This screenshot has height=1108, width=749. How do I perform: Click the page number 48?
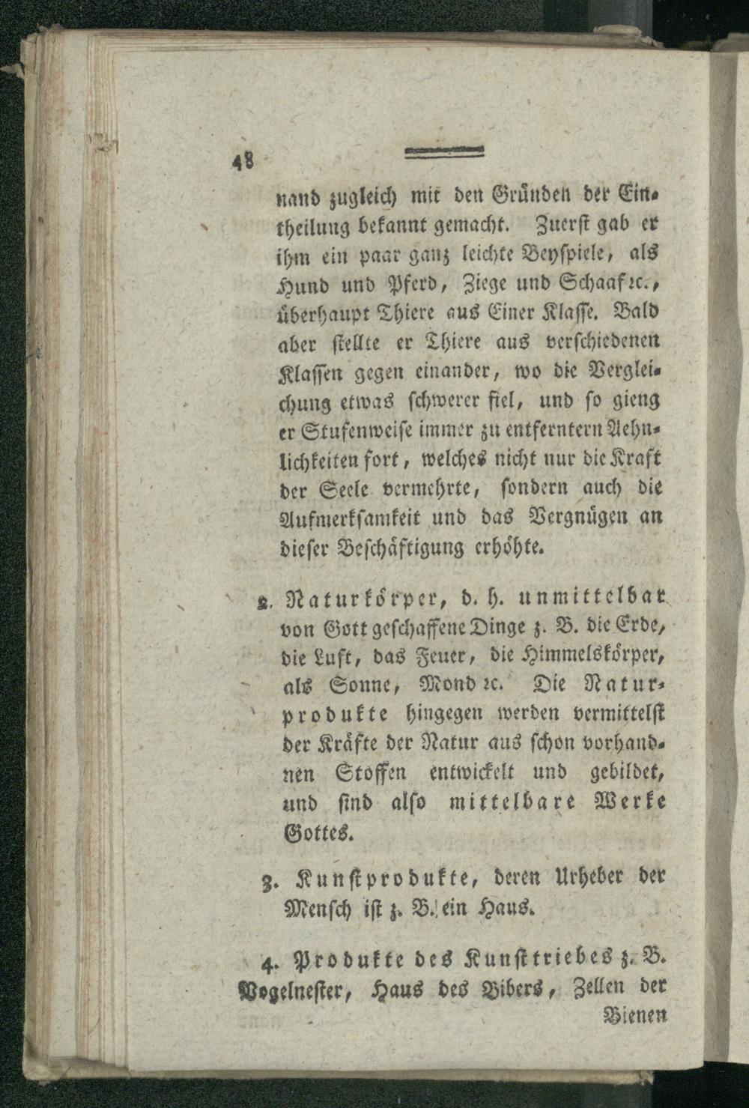242,162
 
